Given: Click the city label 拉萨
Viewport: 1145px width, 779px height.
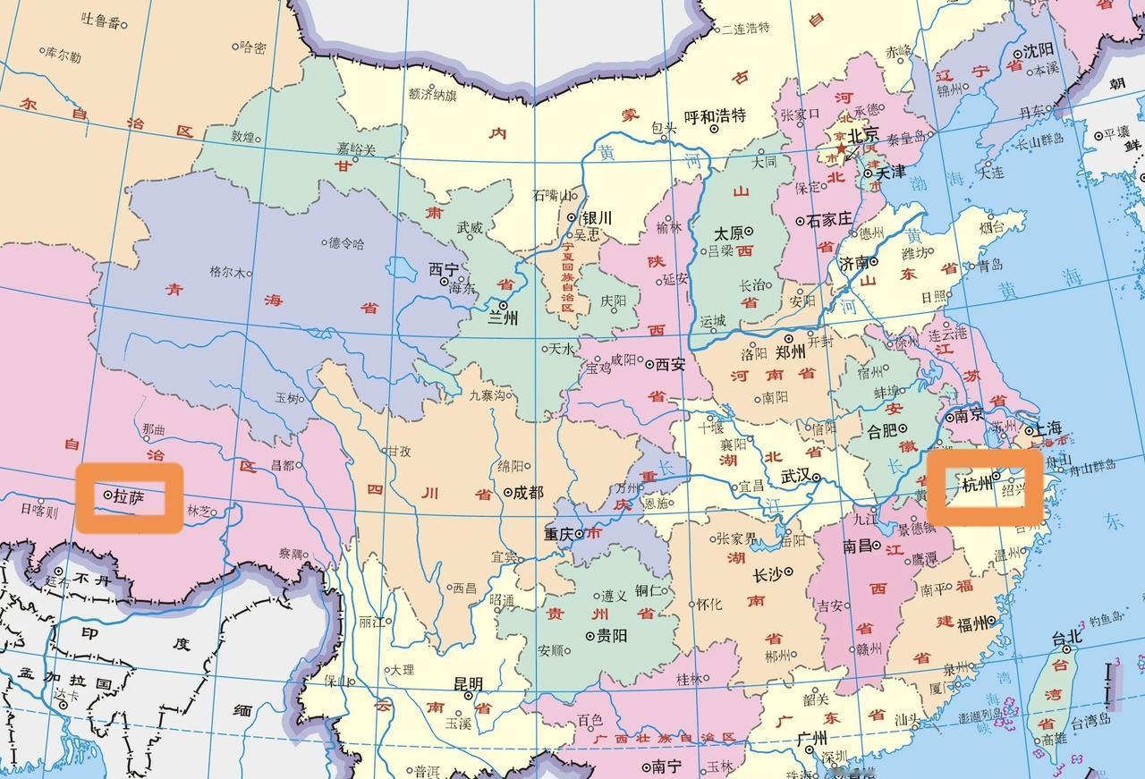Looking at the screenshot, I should coord(128,495).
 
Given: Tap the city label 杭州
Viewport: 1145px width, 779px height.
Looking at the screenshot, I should coord(977,486).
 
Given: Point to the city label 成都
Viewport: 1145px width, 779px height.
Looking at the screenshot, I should coord(528,492).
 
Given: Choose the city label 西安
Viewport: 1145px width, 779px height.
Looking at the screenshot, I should coord(670,364).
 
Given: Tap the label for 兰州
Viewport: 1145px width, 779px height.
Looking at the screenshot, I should coord(502,318).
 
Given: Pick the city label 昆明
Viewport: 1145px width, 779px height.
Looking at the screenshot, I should coord(468,684).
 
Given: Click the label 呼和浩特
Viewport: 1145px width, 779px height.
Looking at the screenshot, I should coord(715,115).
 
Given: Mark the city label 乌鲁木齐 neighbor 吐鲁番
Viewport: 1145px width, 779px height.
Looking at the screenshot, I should coord(100,20).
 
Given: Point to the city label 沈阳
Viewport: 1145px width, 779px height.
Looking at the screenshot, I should coord(1038,49).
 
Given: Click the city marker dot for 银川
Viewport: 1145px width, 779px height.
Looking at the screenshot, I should coord(572,217).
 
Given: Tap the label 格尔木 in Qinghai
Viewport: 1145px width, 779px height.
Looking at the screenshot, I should coord(225,271).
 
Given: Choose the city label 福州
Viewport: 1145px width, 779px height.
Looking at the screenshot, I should coord(973,624).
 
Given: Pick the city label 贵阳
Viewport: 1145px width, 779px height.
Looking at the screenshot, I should coord(612,636).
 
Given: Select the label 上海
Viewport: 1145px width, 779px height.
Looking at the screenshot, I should coord(1047,428).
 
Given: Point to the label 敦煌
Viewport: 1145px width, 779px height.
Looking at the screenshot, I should coord(243,137).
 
